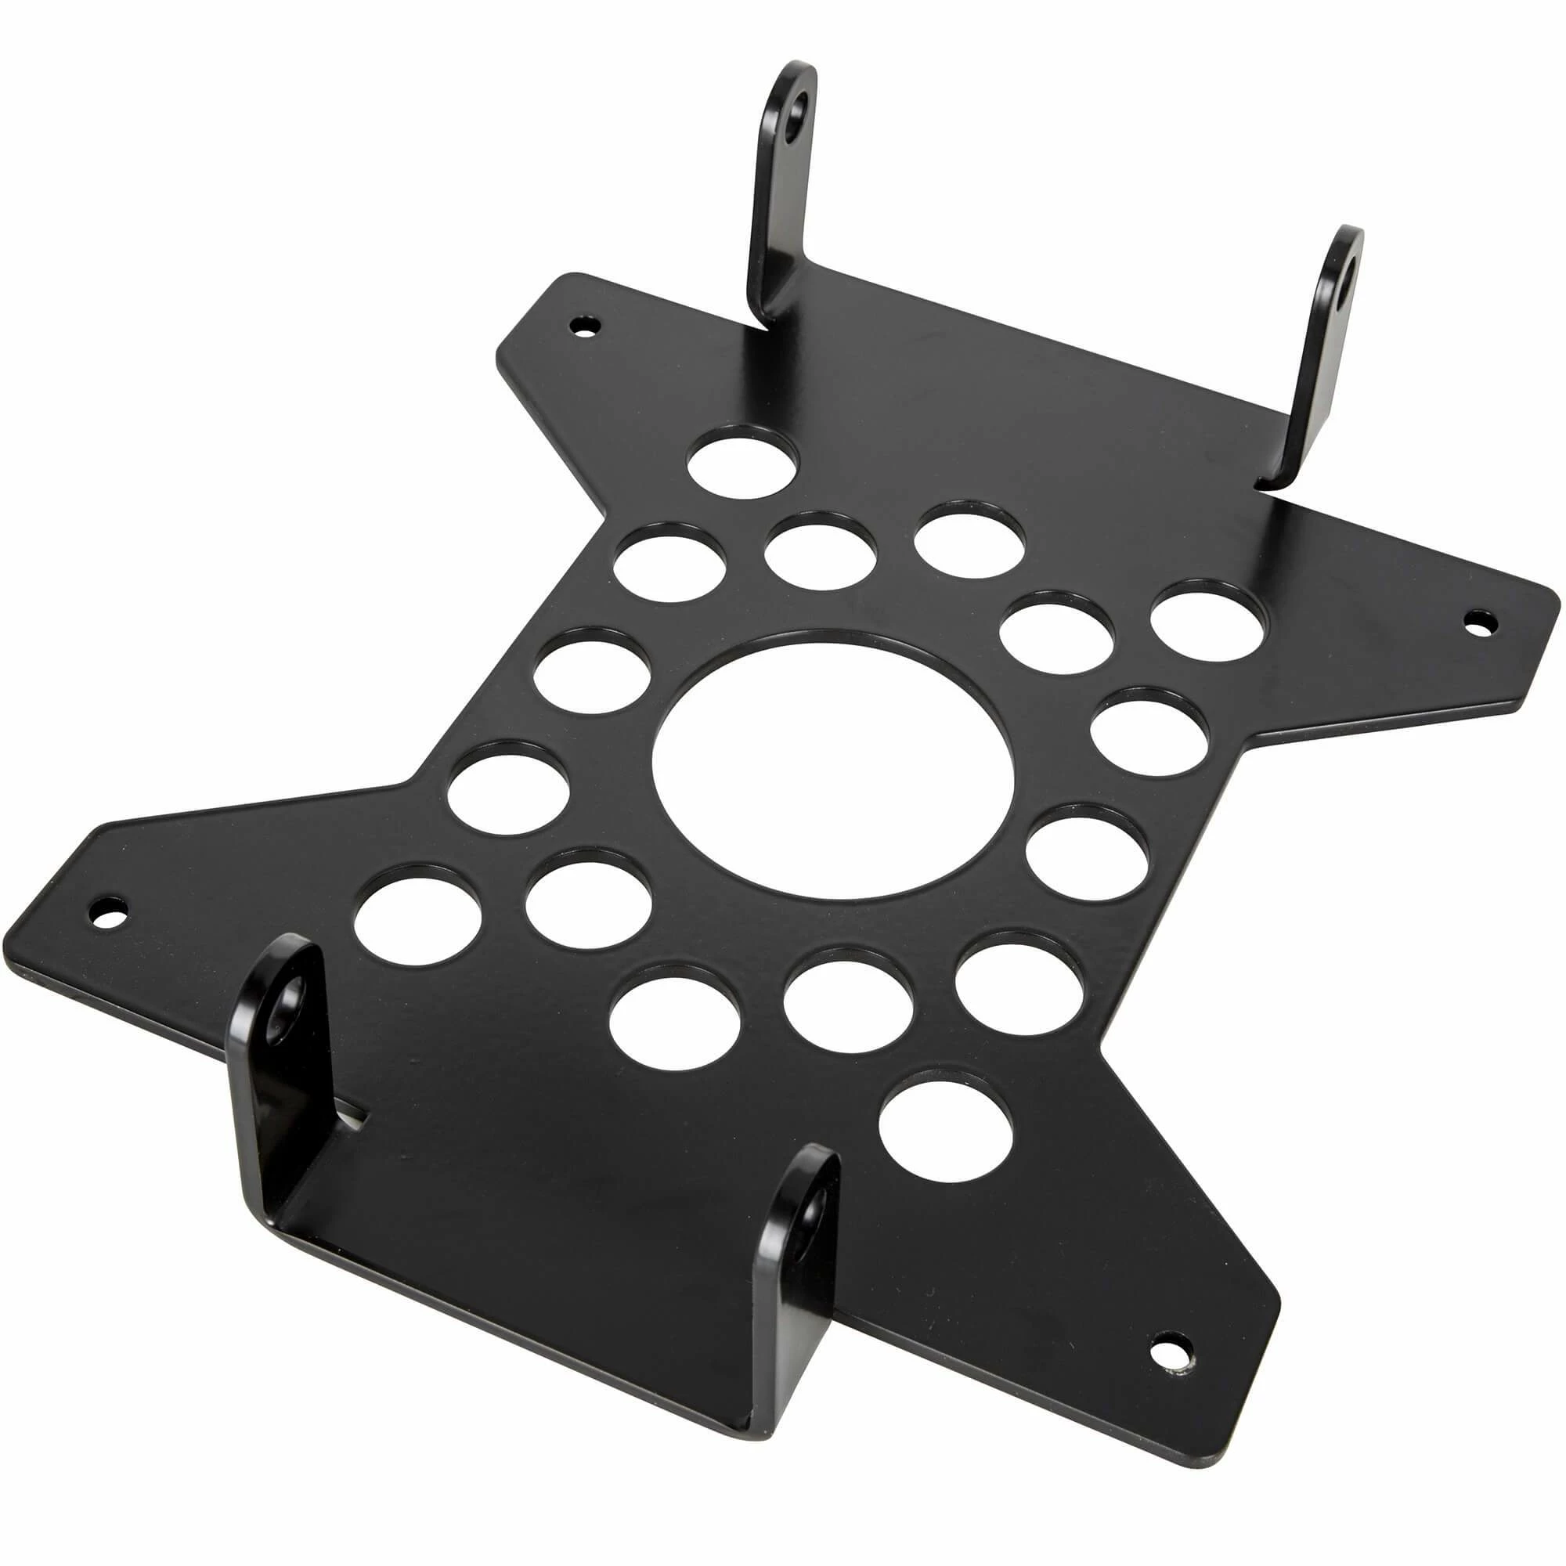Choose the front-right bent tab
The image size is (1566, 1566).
pyautogui.click(x=799, y=1265)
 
